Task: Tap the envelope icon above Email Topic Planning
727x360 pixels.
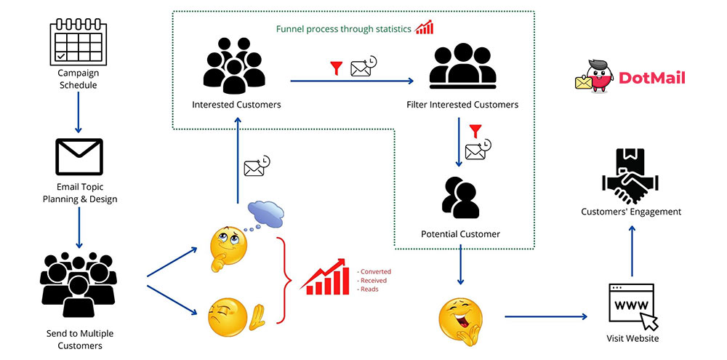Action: click(x=79, y=157)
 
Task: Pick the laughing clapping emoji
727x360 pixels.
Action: click(x=461, y=319)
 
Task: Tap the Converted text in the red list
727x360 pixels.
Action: click(x=375, y=271)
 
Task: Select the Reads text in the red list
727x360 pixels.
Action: click(x=369, y=289)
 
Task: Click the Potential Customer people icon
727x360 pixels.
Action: click(x=460, y=197)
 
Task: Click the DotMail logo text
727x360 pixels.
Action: click(x=652, y=78)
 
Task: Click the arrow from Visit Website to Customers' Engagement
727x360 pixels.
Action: click(x=631, y=251)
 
